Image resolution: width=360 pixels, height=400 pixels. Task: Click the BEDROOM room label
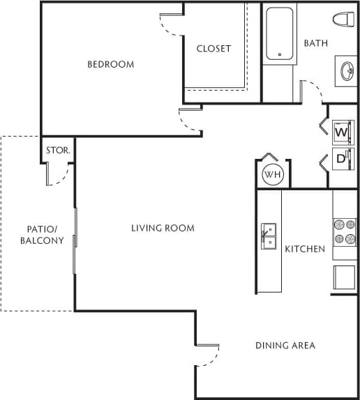point(110,65)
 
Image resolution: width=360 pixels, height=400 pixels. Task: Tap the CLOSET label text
point(213,49)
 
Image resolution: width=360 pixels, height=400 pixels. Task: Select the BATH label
point(315,43)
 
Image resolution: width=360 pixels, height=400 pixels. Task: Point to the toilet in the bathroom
point(342,20)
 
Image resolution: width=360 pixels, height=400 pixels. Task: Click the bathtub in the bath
point(279,34)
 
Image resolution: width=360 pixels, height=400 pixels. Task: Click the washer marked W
point(342,131)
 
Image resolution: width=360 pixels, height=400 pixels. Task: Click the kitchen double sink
point(269,236)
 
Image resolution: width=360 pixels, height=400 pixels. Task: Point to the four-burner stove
point(345,231)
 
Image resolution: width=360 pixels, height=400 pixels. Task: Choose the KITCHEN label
point(304,249)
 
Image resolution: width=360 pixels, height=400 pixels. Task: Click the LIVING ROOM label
point(163,228)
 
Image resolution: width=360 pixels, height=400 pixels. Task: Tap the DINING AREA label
point(285,345)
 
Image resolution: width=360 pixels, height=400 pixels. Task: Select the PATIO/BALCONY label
point(45,235)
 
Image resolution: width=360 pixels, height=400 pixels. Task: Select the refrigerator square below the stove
point(345,277)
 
